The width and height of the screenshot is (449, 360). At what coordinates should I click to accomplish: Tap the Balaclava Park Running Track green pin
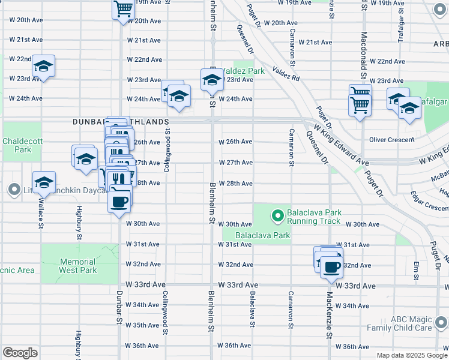coord(277,214)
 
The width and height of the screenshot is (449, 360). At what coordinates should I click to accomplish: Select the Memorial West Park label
coord(77,266)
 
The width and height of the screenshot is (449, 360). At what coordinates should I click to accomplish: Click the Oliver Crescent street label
coord(391,140)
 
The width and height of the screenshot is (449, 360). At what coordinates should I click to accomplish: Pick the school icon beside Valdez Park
coord(211,80)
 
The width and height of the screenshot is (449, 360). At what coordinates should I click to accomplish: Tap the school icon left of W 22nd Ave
coord(43,65)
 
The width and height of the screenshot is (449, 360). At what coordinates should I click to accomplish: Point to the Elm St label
coord(415,268)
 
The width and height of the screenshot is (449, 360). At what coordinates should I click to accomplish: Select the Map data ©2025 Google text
coord(411,355)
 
